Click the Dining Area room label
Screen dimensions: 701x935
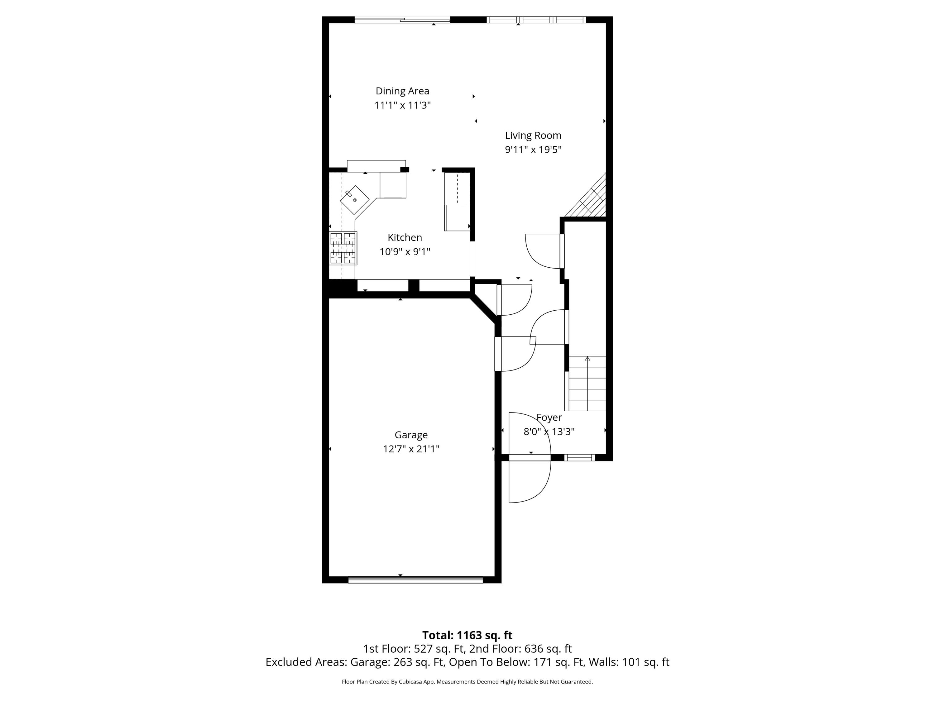402,91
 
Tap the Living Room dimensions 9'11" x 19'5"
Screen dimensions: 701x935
533,150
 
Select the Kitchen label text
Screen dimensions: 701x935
405,237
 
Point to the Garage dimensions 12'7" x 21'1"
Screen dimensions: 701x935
411,449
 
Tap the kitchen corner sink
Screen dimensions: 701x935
354,200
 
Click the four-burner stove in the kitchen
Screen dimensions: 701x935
343,248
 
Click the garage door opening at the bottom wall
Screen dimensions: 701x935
415,580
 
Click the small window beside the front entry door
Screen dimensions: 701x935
579,457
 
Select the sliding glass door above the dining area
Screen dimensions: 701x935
402,19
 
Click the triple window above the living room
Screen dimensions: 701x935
536,19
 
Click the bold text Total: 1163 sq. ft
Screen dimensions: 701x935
467,635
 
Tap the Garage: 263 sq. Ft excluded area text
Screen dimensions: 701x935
397,662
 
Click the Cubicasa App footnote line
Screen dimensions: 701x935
467,682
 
